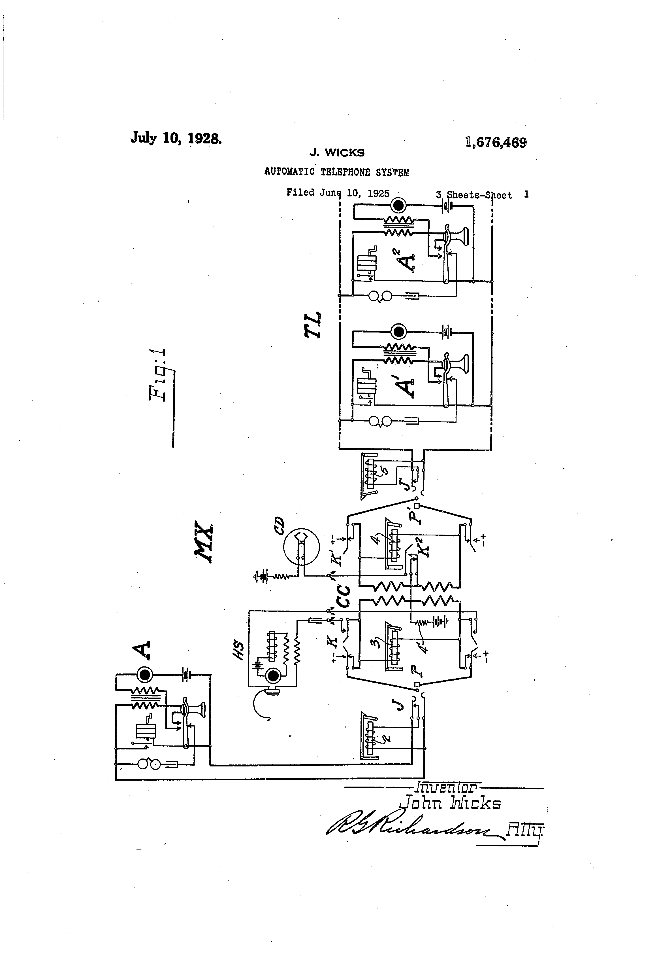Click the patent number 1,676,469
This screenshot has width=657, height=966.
coord(496,143)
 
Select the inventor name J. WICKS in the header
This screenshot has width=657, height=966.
coord(337,153)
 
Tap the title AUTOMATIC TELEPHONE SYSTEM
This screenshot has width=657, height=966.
coord(336,172)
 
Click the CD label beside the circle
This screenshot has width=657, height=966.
coord(279,526)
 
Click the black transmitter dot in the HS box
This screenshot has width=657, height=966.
coord(272,677)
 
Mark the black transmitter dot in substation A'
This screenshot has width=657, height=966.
coord(399,331)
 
